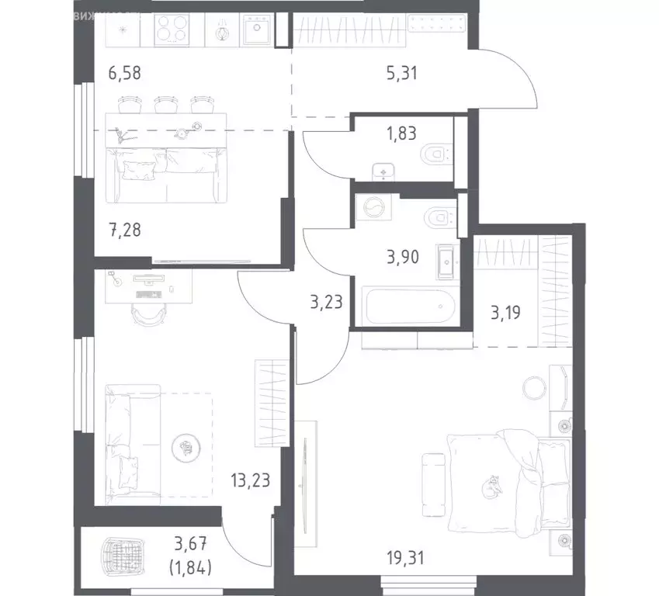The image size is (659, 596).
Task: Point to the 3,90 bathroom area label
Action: [404, 256]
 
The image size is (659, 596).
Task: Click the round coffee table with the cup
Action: [186, 447]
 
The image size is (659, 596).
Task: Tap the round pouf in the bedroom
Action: [532, 386]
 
